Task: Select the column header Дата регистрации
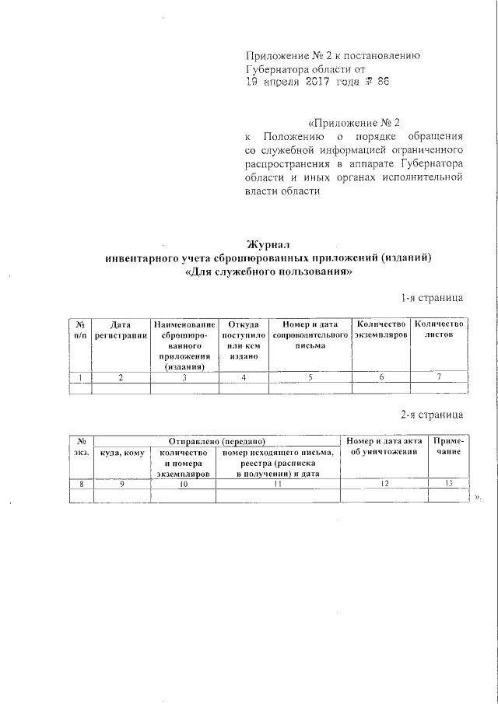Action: (x=121, y=329)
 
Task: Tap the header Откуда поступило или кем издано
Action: (x=243, y=339)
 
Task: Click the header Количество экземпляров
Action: (x=381, y=329)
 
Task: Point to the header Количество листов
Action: (x=439, y=329)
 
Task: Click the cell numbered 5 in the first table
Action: (x=309, y=377)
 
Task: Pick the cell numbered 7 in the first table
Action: (x=439, y=377)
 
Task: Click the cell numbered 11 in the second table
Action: (x=277, y=484)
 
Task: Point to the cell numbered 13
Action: (x=446, y=484)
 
